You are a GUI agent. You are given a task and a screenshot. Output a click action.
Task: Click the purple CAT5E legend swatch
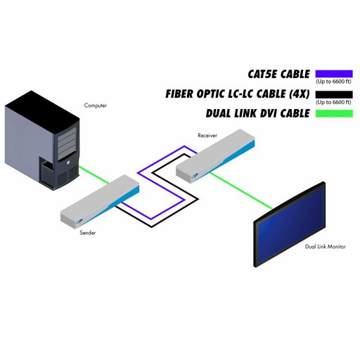click(334, 74)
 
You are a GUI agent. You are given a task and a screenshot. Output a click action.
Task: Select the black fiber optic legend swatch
click(334, 94)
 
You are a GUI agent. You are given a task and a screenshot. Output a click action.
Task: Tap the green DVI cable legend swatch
click(334, 113)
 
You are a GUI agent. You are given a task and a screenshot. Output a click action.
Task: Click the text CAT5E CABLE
click(278, 74)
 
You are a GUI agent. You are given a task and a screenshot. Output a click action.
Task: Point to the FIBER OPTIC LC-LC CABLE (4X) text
click(238, 94)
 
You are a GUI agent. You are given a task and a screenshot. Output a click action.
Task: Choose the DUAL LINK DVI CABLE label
click(258, 113)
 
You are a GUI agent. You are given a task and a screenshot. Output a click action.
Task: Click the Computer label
click(96, 105)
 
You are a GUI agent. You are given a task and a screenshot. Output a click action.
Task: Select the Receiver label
click(207, 135)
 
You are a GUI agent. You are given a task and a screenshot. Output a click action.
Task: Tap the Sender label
click(88, 233)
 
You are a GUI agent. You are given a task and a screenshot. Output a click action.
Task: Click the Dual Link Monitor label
click(326, 247)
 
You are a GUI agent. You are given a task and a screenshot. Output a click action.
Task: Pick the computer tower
click(42, 140)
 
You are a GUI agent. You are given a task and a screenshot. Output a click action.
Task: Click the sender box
click(100, 202)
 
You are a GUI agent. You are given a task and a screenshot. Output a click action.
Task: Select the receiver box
click(215, 155)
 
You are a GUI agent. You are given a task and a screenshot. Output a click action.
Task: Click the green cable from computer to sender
click(94, 175)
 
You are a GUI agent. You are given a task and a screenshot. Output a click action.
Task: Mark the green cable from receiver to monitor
click(241, 191)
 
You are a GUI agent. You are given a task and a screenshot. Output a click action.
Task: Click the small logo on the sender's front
click(79, 221)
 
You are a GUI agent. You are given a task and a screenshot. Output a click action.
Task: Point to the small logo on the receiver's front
click(195, 176)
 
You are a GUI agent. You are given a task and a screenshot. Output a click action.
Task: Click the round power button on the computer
click(68, 162)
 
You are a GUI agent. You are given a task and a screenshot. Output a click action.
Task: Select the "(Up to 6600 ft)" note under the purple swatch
click(333, 82)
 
